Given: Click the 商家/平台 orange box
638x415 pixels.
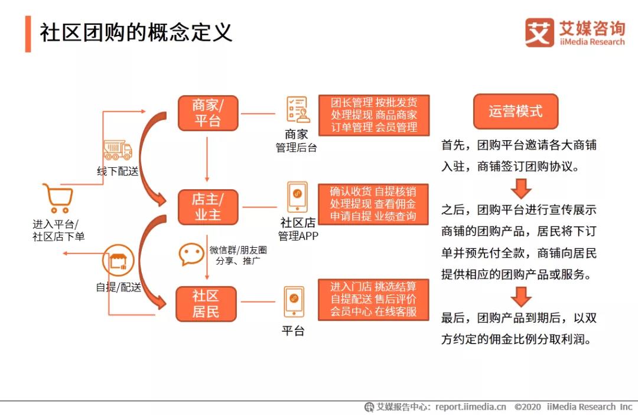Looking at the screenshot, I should pos(207,113).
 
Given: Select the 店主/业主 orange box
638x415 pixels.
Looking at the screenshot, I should pos(207,207).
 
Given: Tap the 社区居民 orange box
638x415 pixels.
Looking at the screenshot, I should pos(206,303).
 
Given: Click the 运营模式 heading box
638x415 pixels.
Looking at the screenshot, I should pos(515,111).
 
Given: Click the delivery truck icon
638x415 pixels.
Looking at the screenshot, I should pos(118,150).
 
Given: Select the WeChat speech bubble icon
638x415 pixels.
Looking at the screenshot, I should pos(191,254).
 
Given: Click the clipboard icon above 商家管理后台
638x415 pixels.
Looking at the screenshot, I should pos(297,110).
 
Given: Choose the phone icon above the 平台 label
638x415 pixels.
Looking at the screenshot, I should pos(294,301).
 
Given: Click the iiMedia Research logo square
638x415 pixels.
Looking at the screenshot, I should pos(539,33).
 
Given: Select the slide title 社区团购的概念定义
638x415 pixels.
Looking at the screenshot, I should pos(136,33).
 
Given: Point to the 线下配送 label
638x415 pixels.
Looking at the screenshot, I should pos(118,171).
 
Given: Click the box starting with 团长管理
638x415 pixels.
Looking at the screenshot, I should pos(373,115).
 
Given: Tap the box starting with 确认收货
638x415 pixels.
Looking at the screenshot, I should pos(373,204).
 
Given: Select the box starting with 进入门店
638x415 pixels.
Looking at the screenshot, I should pos(373,299).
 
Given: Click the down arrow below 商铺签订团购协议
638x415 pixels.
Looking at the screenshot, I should pos(521,188).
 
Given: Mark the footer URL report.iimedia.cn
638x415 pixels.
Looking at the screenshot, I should pos(471,407).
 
